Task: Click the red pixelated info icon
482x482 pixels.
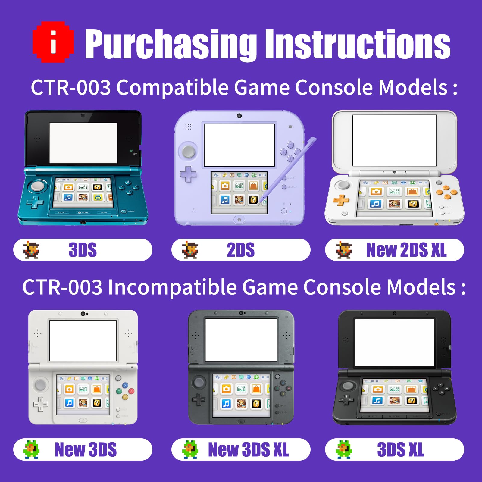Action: click(53, 42)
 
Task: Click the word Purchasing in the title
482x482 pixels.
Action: click(171, 44)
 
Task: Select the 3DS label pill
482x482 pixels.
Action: click(83, 250)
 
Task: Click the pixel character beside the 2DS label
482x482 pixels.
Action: click(190, 250)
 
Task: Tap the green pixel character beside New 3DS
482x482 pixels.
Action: click(32, 449)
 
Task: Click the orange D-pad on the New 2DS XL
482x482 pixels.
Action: click(341, 200)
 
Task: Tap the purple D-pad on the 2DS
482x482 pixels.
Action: click(188, 174)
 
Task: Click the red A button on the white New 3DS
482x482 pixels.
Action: click(131, 391)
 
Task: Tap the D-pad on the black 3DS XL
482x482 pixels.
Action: click(346, 400)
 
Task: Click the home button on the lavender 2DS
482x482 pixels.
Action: click(239, 220)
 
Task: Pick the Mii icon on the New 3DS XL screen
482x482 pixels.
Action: click(241, 389)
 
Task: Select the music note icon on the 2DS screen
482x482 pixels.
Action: click(225, 199)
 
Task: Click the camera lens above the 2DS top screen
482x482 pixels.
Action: click(239, 116)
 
